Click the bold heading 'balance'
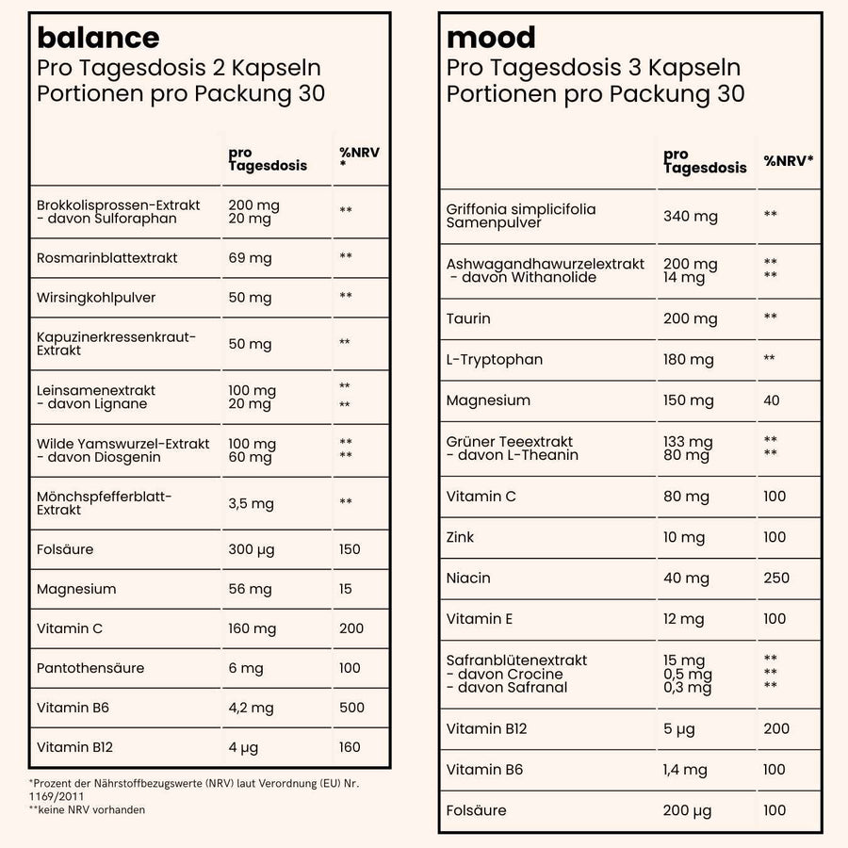click(98, 38)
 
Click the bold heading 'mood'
click(491, 38)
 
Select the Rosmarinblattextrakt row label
click(107, 258)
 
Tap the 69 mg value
click(250, 258)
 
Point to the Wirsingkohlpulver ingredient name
click(96, 298)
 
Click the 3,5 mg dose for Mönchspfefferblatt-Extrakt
click(251, 503)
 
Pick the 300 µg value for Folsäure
click(253, 549)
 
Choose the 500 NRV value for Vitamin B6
click(351, 708)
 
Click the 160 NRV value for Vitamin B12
click(350, 747)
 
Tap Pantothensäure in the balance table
click(90, 668)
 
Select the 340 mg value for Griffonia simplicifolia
click(691, 217)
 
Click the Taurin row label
click(468, 318)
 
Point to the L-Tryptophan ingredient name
click(495, 360)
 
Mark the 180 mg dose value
click(689, 360)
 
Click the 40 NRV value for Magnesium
click(772, 400)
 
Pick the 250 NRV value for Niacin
click(776, 578)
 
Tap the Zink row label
click(461, 537)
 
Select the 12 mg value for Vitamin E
click(684, 619)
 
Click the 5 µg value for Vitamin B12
click(680, 728)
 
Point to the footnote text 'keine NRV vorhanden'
click(90, 809)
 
